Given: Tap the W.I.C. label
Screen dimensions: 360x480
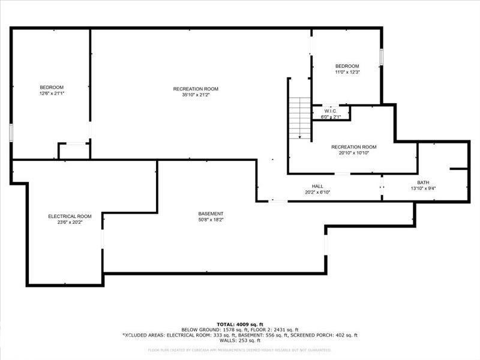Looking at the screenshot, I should point(331,111).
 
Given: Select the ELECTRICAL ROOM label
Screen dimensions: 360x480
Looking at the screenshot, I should point(70,216).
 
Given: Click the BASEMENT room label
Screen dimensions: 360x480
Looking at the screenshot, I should point(211,214).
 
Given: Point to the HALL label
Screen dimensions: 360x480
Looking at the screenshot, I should point(317,186).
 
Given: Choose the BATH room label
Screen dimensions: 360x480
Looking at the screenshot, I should point(423,182).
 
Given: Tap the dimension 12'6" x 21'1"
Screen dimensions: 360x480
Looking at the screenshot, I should point(52,94).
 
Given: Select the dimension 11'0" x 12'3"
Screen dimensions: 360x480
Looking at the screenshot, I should point(347,72).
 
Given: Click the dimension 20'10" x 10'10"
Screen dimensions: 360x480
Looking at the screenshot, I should point(353,153).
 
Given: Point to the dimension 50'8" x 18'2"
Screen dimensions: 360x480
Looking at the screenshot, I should point(211,220).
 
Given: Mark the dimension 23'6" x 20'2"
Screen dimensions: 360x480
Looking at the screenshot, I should point(70,222).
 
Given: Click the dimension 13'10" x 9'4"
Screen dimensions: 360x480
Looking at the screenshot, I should point(423,188).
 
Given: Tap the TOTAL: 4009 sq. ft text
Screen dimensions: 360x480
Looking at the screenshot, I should point(240,324).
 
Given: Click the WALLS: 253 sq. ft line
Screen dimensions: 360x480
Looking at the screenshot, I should point(240,341).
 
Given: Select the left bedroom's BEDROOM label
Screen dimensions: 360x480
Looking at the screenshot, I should point(52,88).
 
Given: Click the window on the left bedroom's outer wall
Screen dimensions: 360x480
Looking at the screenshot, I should point(11,133).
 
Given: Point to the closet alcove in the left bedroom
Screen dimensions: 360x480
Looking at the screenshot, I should point(74,151).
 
